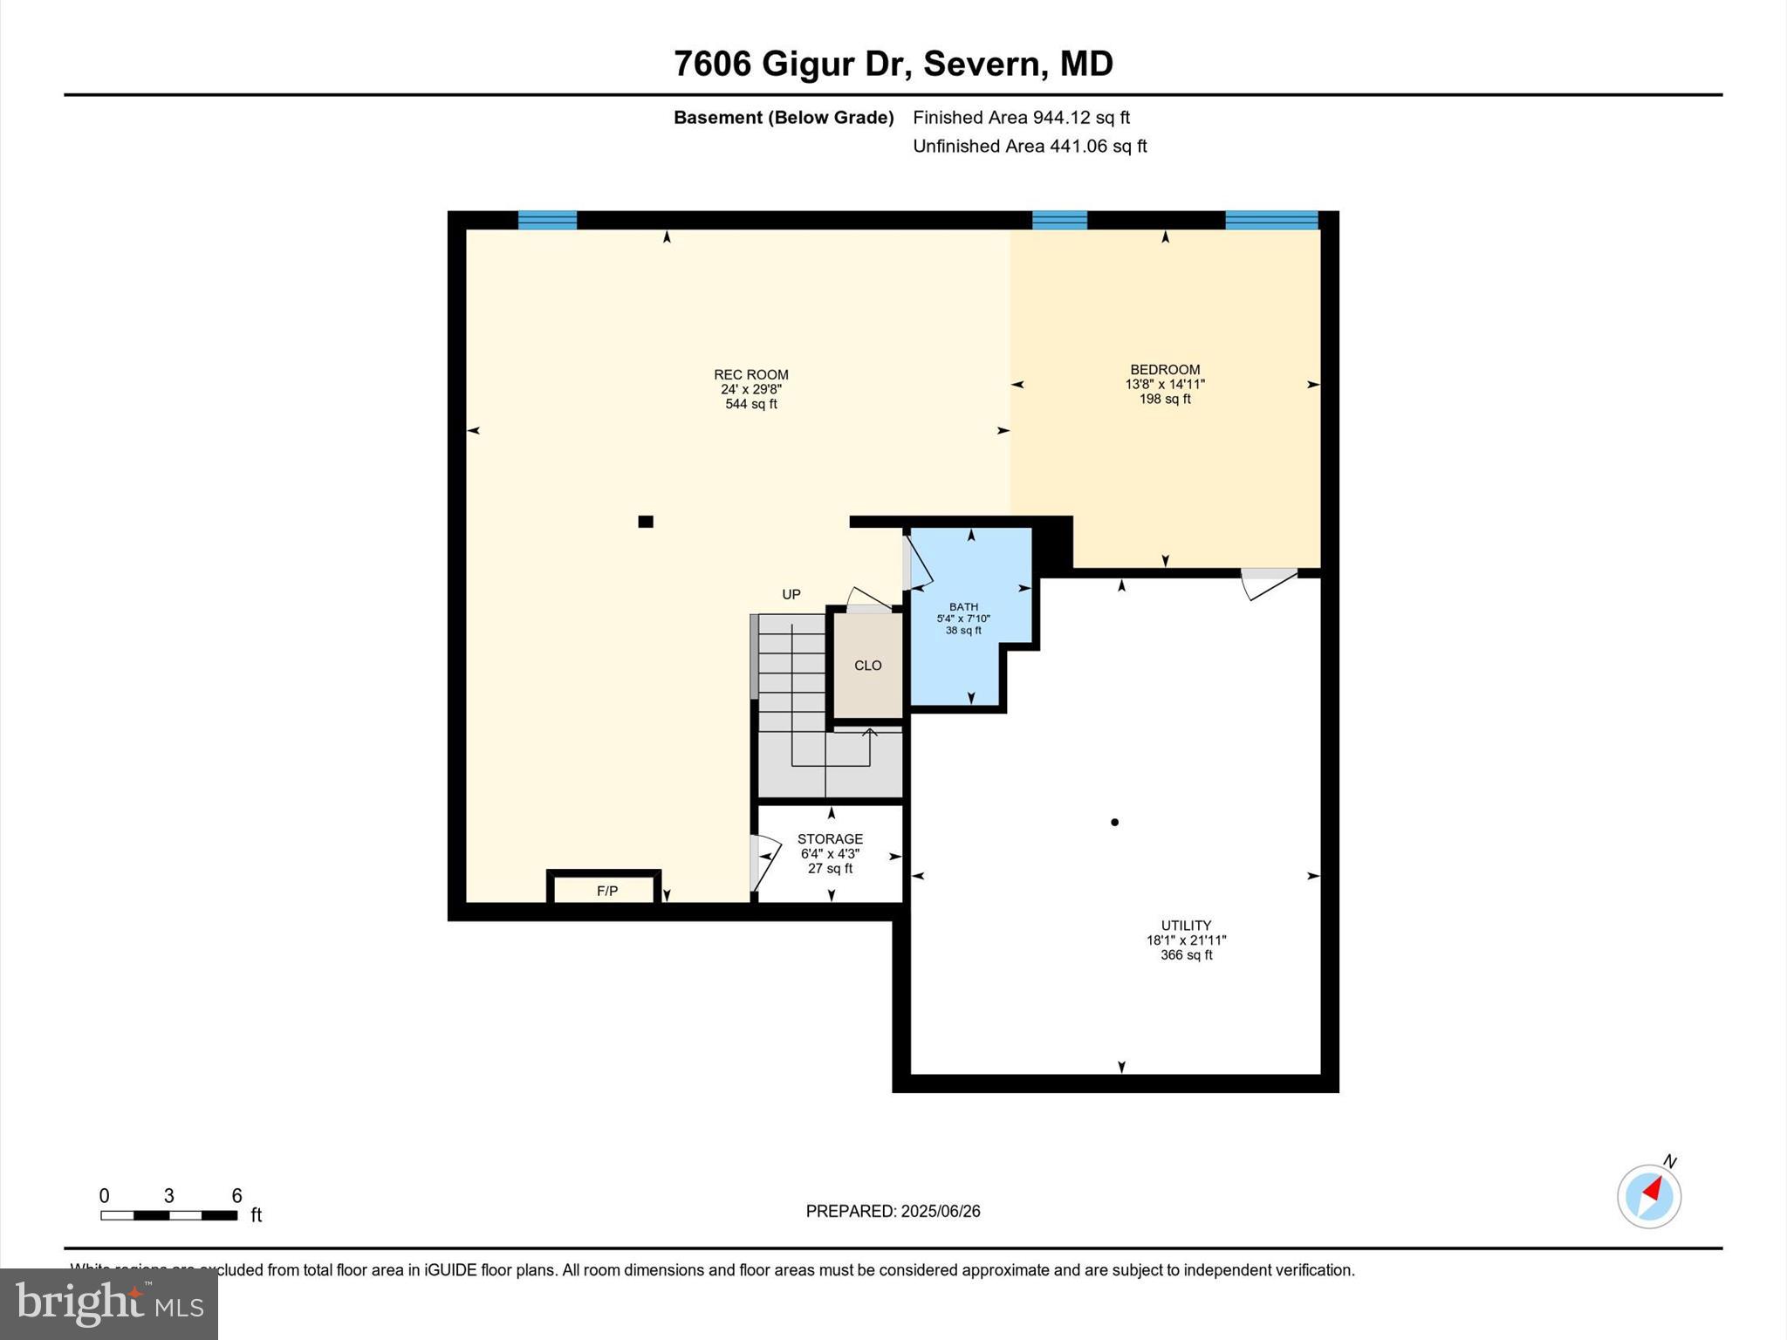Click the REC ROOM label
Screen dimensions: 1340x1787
point(750,375)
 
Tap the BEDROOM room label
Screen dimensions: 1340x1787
point(1164,370)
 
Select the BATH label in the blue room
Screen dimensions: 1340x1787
point(963,607)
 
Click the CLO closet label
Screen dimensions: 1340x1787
point(867,666)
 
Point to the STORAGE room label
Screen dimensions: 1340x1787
point(830,839)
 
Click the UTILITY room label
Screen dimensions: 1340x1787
point(1186,926)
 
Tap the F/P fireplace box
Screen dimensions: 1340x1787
point(606,891)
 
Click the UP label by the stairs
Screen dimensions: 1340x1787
point(791,595)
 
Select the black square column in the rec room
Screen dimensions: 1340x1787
point(646,522)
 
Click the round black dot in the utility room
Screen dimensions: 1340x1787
point(1114,822)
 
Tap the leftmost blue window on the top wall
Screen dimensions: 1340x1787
point(547,220)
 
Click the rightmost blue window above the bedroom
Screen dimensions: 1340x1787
point(1271,220)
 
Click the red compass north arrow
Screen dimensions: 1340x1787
point(1651,1188)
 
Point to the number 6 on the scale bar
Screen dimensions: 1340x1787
point(236,1196)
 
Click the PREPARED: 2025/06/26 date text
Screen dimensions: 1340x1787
point(893,1211)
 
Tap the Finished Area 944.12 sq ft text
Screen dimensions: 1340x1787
point(1021,118)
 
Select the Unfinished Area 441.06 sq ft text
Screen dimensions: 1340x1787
point(1030,147)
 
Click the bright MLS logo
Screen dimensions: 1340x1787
point(109,1303)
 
